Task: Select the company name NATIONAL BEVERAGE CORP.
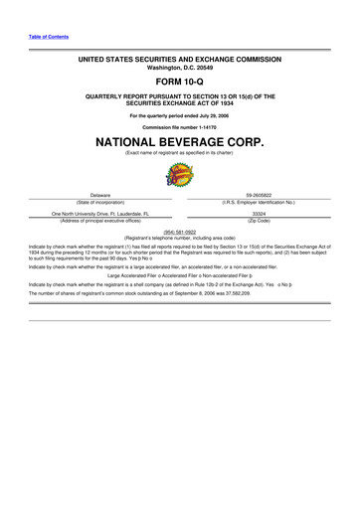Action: point(180,143)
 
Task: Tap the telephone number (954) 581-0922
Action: point(180,232)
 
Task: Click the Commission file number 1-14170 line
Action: point(180,128)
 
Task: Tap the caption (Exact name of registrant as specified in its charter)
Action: point(180,154)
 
